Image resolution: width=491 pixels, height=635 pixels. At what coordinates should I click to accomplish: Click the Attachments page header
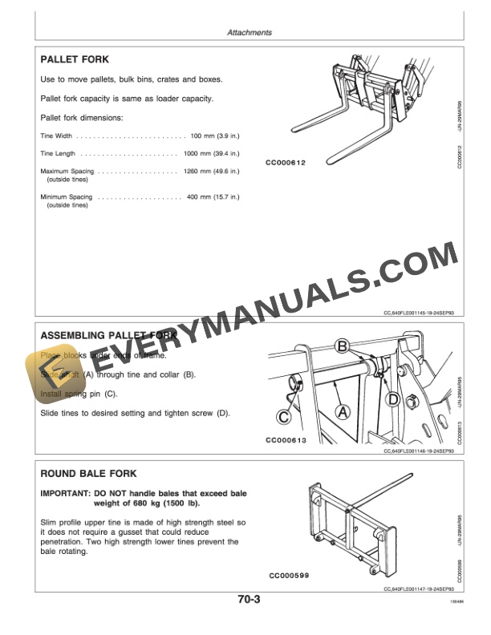point(250,33)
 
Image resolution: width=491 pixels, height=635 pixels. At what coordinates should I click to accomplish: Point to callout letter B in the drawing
point(342,346)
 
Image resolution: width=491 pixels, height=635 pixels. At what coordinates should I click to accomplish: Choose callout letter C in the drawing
point(284,416)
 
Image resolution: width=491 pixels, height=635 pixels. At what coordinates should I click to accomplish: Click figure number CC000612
point(286,162)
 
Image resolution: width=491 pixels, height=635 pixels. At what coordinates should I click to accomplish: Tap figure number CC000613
point(288,441)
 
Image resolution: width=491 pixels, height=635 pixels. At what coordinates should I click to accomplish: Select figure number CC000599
point(290,575)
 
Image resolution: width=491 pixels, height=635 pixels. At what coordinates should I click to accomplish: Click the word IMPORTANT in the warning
point(65,492)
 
